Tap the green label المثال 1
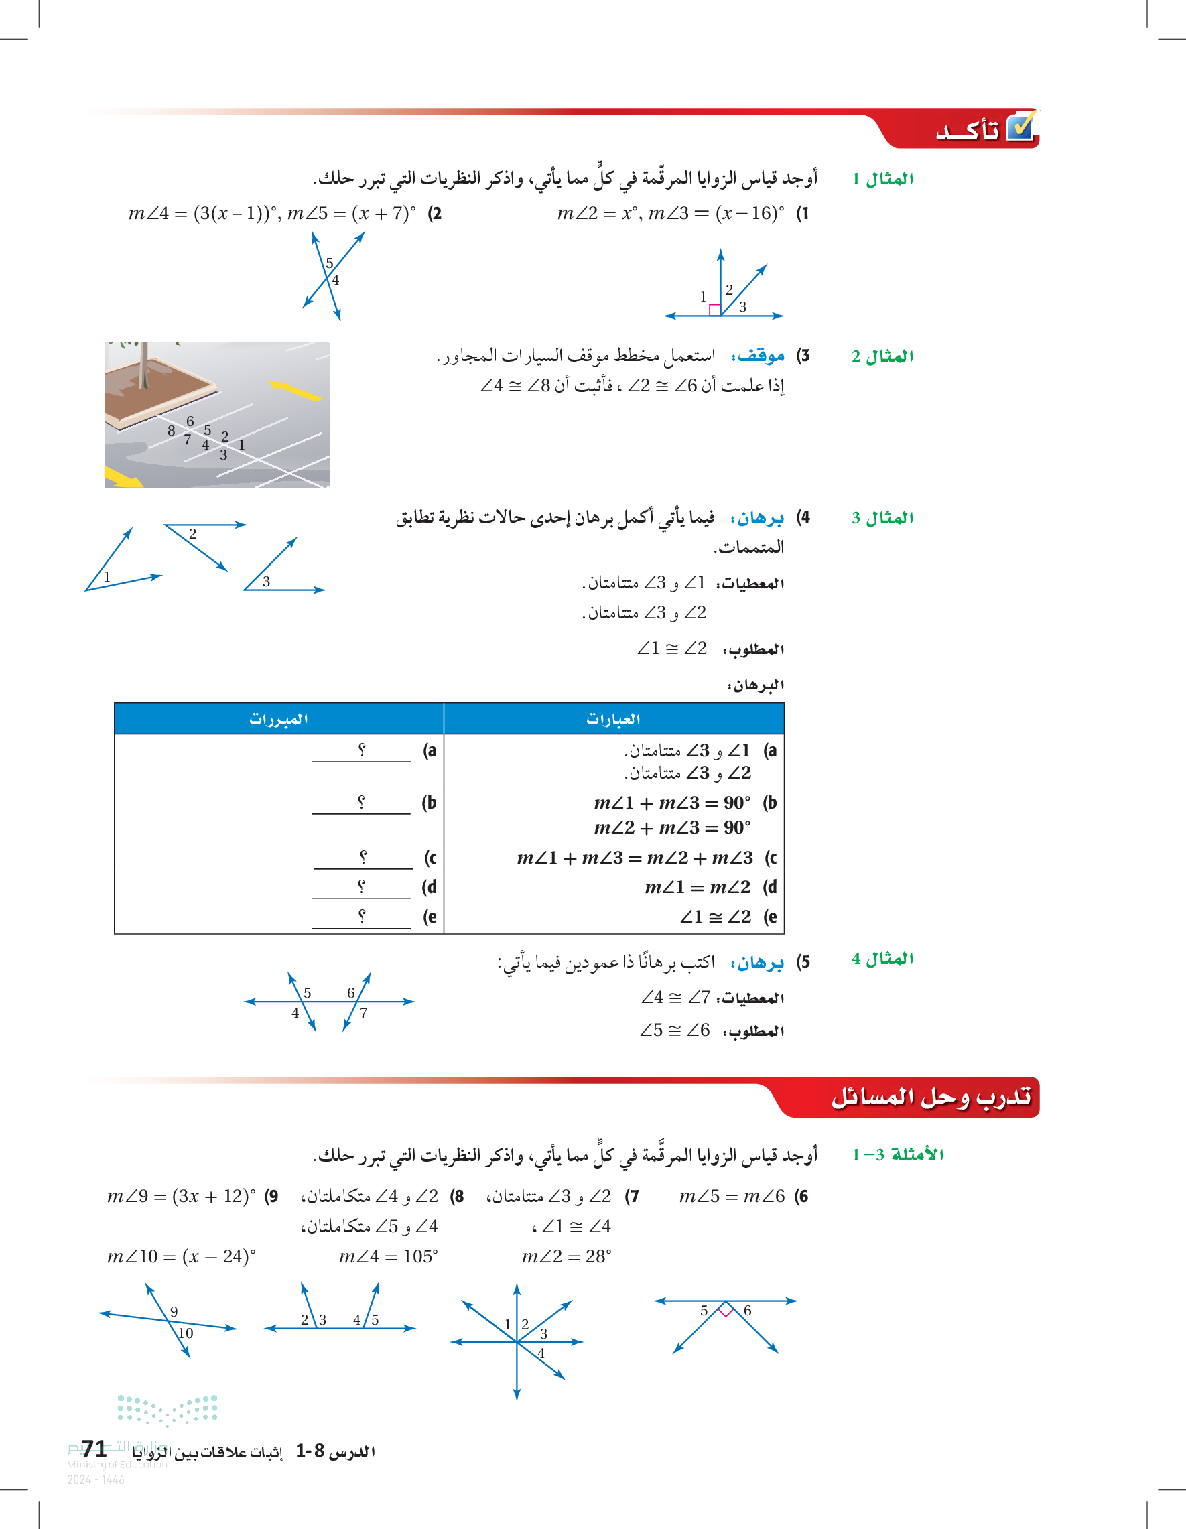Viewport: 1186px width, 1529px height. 882,179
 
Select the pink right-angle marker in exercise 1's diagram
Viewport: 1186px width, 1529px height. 714,310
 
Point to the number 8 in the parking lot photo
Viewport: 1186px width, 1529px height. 172,431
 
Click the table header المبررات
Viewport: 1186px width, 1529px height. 279,719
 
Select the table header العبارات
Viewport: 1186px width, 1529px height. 613,719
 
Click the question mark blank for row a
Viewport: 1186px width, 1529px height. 361,750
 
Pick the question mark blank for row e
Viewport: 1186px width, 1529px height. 361,917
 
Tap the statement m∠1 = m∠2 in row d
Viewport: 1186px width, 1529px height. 698,888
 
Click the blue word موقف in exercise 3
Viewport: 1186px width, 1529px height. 759,356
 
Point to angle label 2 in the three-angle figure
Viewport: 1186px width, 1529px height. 192,534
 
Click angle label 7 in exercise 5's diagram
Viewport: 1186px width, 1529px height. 364,1013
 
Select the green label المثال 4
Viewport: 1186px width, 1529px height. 882,959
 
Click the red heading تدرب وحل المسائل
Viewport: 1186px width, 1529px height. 931,1098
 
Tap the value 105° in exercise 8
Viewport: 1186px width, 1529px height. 420,1257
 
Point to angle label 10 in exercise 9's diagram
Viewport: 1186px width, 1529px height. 186,1333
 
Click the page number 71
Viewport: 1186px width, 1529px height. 94,1449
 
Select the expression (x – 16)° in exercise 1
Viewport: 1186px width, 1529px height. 749,214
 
